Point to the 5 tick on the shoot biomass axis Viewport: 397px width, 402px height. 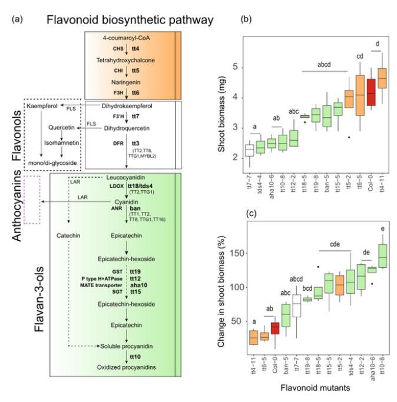234,67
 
